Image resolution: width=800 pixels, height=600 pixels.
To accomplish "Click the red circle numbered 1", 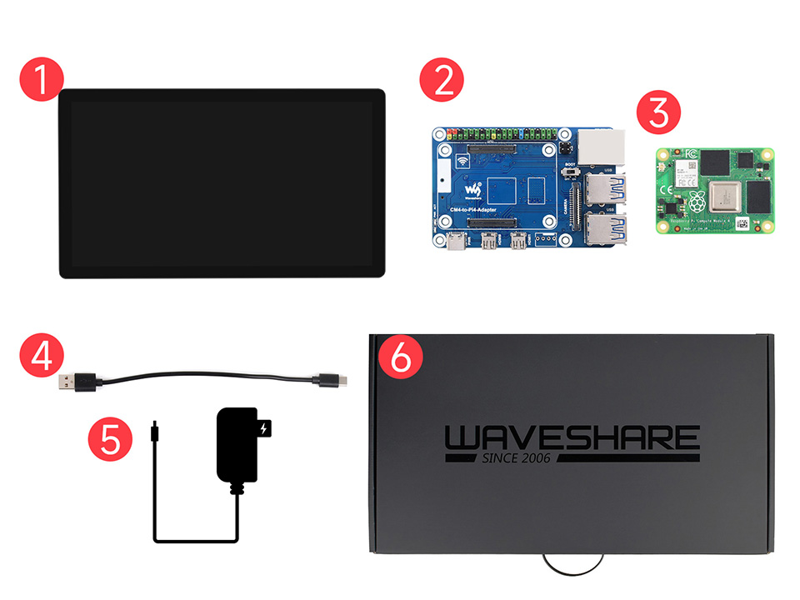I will [41, 81].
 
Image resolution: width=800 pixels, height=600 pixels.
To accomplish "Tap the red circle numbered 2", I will [442, 81].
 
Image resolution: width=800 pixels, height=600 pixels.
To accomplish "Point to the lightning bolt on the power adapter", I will [265, 430].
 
